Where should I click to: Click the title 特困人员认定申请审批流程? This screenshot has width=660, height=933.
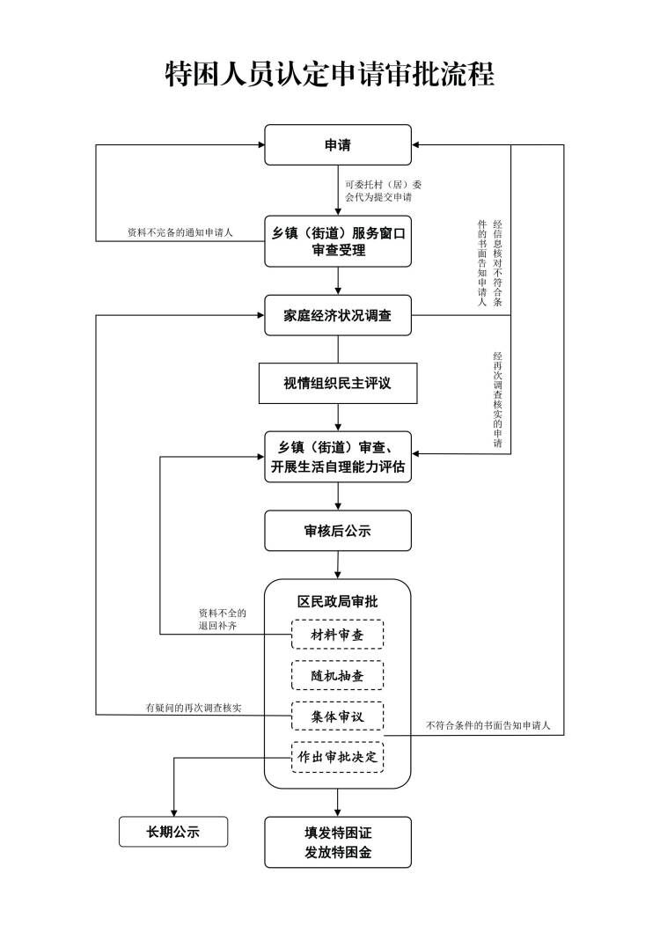[330, 74]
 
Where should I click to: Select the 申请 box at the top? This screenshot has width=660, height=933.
[338, 145]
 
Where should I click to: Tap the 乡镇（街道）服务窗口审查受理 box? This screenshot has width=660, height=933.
[338, 242]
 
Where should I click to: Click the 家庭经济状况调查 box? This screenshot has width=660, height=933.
[338, 315]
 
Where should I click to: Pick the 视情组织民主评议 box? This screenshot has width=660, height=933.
[338, 384]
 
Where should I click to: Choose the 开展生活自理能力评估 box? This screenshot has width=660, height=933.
[338, 457]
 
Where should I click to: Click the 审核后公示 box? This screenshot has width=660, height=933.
[338, 532]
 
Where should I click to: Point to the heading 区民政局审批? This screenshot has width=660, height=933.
[338, 601]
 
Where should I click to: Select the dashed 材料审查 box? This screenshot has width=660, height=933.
[338, 635]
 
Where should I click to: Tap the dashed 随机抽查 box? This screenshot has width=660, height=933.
[338, 675]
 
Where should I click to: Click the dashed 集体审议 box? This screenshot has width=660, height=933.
[338, 716]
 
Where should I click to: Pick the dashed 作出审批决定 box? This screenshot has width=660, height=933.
[338, 757]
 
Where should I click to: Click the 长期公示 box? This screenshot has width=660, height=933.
[173, 831]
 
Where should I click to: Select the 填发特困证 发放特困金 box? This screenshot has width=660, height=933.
[338, 842]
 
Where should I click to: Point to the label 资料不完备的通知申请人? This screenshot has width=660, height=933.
[180, 233]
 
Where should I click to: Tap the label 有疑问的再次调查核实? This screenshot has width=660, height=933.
[194, 708]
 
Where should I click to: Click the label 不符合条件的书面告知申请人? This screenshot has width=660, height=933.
[488, 726]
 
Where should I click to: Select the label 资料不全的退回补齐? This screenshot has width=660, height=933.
[223, 619]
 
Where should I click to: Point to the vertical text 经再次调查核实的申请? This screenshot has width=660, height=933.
[498, 400]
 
